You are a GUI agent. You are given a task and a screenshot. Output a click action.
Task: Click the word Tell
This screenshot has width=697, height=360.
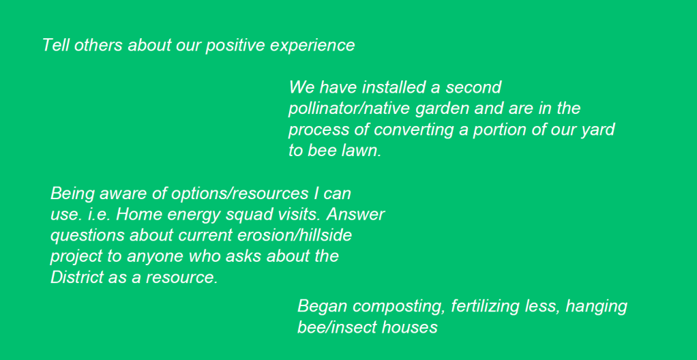(x=56, y=45)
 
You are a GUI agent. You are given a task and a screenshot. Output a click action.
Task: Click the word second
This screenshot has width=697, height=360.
(x=473, y=87)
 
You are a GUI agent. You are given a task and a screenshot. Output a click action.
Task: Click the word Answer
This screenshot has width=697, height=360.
(x=355, y=215)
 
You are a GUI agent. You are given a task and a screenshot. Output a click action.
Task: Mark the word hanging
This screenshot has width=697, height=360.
(x=596, y=307)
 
